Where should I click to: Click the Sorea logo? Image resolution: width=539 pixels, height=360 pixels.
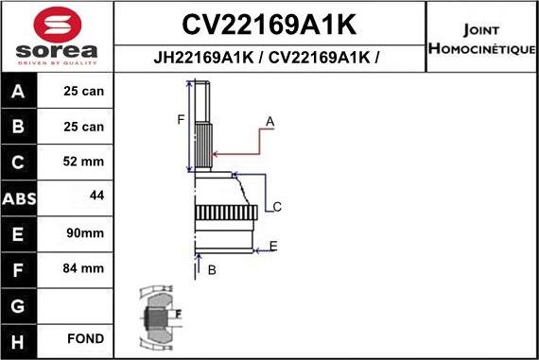[x=56, y=37]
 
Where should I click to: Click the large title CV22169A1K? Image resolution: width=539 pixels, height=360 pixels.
[x=269, y=23]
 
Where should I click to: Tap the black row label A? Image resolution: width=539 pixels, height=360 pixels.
[x=20, y=93]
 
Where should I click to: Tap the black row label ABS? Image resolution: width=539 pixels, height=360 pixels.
[x=20, y=197]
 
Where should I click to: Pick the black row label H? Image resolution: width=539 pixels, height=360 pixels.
[x=20, y=338]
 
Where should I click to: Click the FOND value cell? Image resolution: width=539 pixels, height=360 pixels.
[x=85, y=338]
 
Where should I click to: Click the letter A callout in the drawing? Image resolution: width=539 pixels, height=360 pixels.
[x=269, y=121]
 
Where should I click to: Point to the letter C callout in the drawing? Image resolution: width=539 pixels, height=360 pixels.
[x=277, y=207]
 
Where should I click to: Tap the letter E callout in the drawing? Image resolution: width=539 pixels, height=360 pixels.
[x=273, y=247]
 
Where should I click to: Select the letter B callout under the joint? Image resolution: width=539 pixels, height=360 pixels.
[x=212, y=271]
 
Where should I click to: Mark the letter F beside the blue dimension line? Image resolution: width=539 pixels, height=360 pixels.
[x=181, y=119]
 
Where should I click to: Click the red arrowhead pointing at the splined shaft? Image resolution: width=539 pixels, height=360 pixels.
[x=217, y=153]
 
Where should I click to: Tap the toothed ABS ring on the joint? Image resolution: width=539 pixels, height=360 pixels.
[x=224, y=214]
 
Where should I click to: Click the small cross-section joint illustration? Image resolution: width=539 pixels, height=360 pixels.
[x=162, y=316]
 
